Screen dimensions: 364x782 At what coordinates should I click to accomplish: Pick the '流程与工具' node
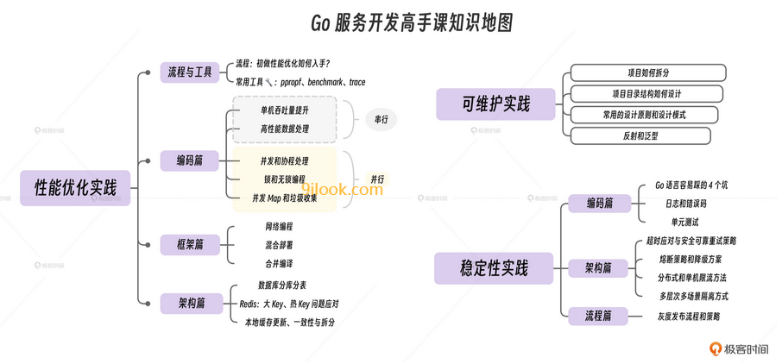[x=191, y=72]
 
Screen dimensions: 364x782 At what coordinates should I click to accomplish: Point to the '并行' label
[x=377, y=179]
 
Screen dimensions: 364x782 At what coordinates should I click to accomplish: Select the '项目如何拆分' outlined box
[x=640, y=72]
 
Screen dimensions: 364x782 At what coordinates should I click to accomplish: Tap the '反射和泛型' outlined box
[x=640, y=135]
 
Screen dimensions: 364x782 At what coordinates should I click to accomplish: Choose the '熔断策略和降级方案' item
[x=691, y=259]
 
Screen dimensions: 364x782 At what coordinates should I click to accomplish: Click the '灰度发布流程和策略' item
[x=688, y=317]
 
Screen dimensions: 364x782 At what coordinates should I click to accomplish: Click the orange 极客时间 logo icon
[x=715, y=348]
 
